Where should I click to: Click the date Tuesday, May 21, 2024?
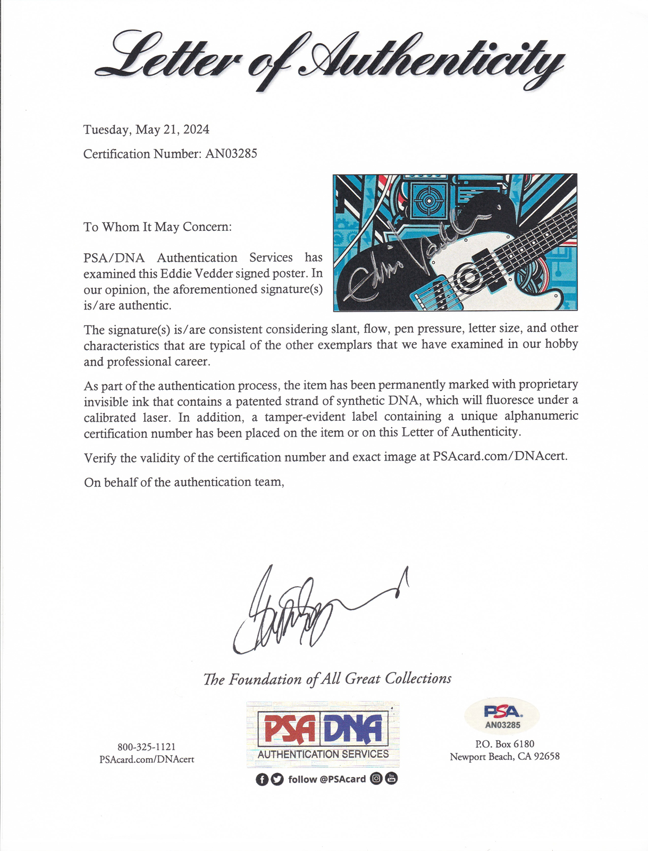point(146,130)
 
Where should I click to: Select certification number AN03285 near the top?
point(231,154)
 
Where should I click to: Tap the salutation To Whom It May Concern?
point(157,227)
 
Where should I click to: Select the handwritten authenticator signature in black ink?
point(298,612)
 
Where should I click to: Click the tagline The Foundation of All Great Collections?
point(327,679)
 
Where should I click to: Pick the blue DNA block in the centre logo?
point(353,729)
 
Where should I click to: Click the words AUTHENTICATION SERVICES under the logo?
point(323,754)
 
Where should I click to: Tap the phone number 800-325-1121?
point(146,747)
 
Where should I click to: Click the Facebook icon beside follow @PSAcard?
point(262,780)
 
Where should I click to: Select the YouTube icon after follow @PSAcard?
point(391,779)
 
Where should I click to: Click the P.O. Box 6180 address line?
point(504,744)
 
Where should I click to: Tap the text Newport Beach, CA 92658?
point(504,757)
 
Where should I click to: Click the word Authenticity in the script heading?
point(431,61)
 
